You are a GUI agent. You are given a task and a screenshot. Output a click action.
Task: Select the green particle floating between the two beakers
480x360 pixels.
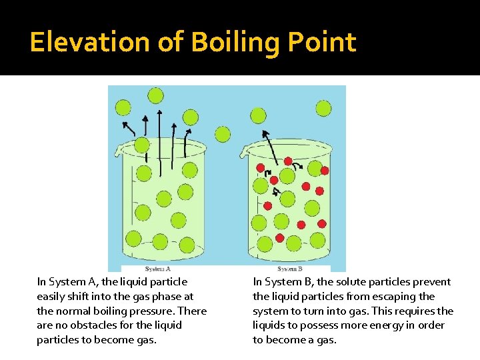click(223, 135)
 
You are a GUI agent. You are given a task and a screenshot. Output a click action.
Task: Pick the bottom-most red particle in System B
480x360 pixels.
click(280, 238)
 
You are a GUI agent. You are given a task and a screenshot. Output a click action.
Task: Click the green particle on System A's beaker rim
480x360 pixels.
click(142, 145)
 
